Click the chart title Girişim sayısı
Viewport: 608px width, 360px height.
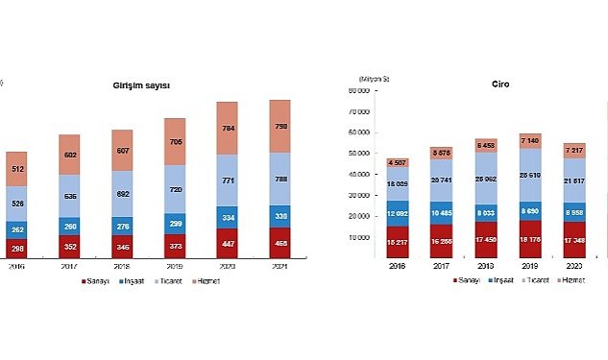140,85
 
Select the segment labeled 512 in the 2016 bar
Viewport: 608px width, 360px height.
18,168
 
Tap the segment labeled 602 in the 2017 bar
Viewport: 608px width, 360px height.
69,155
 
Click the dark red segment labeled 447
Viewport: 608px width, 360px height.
227,245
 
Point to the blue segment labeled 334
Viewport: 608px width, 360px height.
227,218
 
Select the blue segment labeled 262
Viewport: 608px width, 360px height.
18,230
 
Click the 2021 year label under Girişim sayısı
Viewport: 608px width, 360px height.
279,270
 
